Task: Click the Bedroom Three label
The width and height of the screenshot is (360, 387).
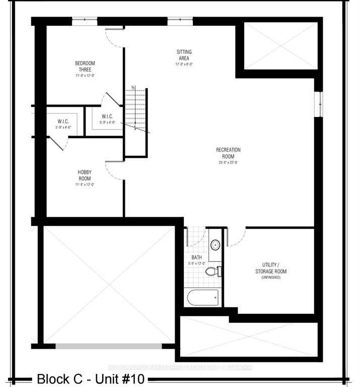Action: [85, 66]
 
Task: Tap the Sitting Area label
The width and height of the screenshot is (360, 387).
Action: [184, 55]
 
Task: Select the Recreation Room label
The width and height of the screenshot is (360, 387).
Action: [228, 153]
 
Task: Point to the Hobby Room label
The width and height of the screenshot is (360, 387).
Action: [85, 175]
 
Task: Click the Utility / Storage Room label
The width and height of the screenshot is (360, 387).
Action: [274, 268]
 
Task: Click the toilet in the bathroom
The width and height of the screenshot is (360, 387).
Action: [213, 272]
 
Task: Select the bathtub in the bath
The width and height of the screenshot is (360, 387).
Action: [203, 297]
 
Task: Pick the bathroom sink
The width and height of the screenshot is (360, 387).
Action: [215, 245]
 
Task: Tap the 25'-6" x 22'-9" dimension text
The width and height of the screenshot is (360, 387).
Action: [228, 162]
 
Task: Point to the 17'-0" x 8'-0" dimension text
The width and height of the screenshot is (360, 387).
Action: [184, 64]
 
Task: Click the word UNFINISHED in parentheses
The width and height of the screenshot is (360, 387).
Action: [274, 278]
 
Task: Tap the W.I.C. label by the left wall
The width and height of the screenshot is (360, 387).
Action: [63, 121]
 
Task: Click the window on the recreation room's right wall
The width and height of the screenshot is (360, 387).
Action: [318, 104]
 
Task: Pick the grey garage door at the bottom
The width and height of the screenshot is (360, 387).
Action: [108, 346]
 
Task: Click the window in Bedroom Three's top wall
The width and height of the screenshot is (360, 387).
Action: [85, 21]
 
